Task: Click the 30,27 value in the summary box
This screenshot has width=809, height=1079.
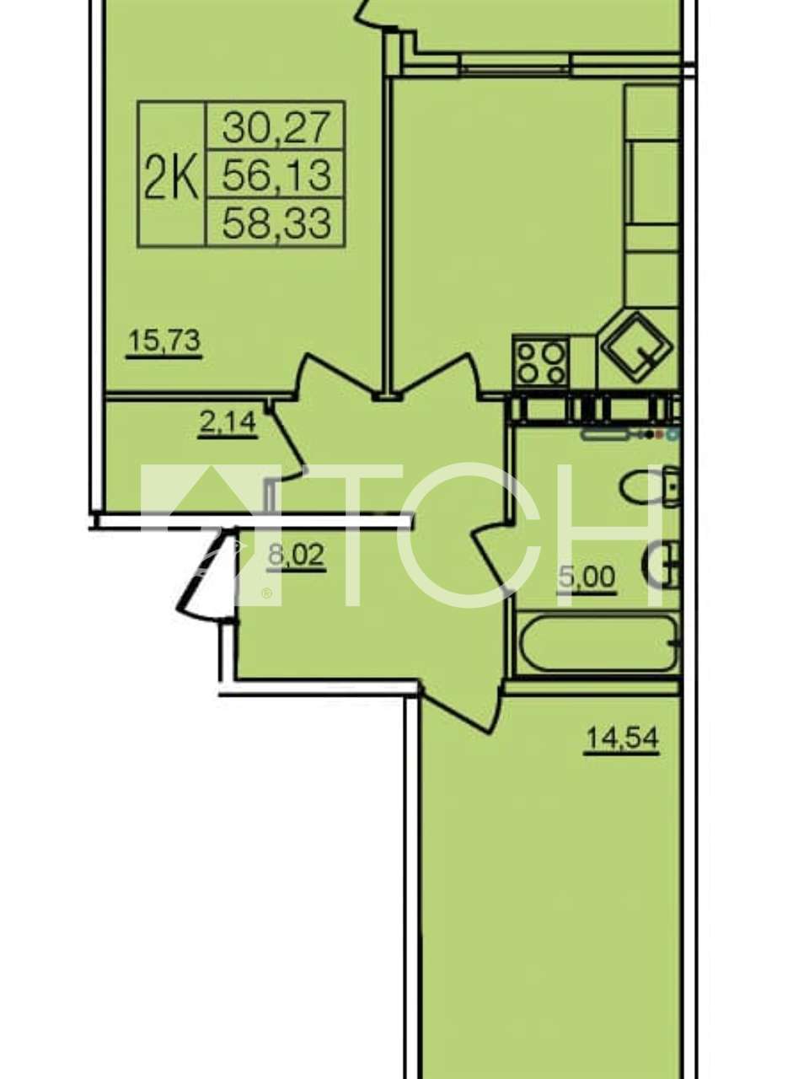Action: point(275,126)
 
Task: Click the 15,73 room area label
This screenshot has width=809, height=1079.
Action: point(164,341)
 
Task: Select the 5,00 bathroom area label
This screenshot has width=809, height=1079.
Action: point(587,577)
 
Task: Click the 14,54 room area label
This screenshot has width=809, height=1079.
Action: point(621,738)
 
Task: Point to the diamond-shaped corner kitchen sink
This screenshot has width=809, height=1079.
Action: point(637,347)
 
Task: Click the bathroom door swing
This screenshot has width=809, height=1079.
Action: point(491,556)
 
